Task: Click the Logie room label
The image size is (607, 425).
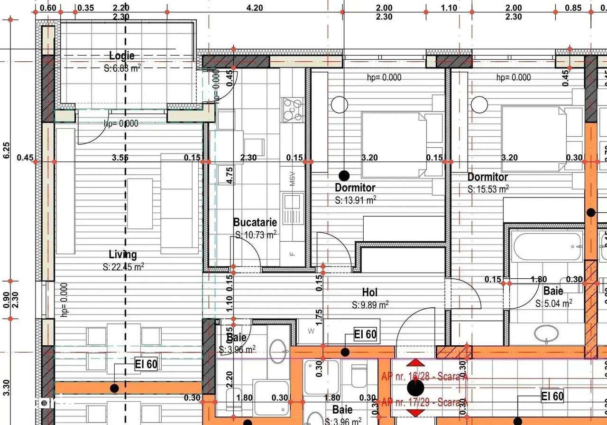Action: (x=122, y=56)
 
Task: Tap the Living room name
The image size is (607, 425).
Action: (x=123, y=255)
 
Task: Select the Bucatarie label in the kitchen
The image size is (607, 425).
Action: (x=255, y=222)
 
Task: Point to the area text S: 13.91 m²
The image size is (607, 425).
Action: (x=355, y=200)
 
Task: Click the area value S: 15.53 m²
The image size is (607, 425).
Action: (x=488, y=189)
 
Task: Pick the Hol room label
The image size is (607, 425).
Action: (x=370, y=292)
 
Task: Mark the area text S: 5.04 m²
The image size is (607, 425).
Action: (x=553, y=303)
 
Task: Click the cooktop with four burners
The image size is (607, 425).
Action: (x=293, y=110)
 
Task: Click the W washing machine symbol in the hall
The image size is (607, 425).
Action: (x=312, y=331)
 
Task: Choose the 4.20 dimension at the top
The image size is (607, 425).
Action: (x=255, y=8)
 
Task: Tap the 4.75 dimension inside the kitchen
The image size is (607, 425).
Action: (x=230, y=175)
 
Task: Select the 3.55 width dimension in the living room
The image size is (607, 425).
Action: (x=120, y=158)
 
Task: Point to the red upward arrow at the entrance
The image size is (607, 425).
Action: (x=416, y=363)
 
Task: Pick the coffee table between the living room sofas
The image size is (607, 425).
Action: (x=140, y=203)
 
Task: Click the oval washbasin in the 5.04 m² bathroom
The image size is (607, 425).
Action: (x=546, y=333)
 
